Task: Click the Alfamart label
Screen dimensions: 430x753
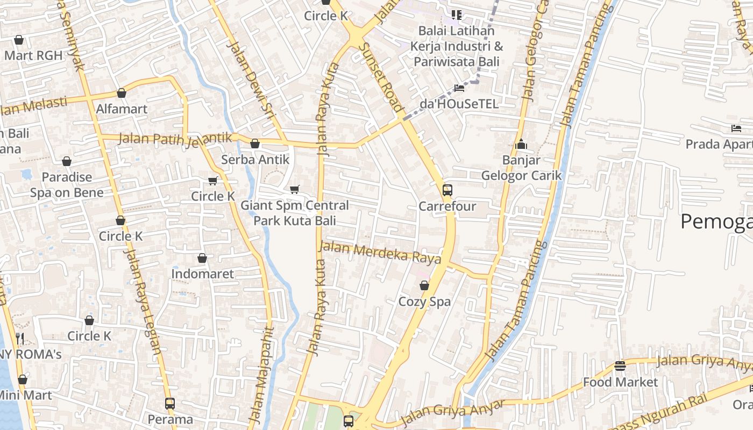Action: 122,109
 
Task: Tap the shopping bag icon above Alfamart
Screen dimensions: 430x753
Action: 122,94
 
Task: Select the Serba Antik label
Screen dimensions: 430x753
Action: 255,160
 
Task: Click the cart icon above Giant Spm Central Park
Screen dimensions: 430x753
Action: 294,189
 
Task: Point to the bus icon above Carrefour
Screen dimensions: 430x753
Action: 447,190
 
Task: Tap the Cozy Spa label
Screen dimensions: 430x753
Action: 424,302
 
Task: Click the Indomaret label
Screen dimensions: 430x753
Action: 202,274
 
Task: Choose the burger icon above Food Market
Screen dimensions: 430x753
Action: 620,366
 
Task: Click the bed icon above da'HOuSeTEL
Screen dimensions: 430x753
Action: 459,88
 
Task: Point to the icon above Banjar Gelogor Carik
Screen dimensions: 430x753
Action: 521,144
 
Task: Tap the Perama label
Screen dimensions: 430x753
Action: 170,419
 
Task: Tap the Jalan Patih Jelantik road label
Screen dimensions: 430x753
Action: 175,138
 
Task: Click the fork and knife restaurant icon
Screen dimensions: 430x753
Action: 20,338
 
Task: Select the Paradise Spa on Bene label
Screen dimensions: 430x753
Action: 67,184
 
